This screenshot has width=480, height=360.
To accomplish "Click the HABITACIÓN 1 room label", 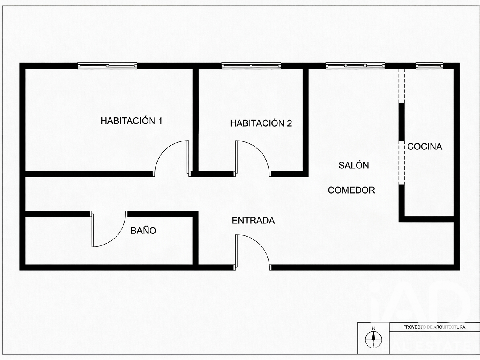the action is (x=131, y=121).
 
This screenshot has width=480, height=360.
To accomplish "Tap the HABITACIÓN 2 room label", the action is (x=261, y=123).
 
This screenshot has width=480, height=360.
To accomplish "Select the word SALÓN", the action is (x=354, y=165).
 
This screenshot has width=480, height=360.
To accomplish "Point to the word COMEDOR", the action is (x=351, y=190).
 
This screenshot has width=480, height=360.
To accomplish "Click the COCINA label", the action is (x=425, y=147).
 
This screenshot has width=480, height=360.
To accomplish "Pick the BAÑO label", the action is (x=143, y=230).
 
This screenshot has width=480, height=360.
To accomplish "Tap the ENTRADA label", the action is (x=253, y=221).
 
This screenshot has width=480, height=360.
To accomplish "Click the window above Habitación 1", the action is (x=107, y=65).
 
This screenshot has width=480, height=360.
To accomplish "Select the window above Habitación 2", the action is (x=251, y=65).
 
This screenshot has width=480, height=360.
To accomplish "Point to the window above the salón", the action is (x=355, y=65).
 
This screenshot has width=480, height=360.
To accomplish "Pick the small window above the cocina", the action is (x=429, y=65).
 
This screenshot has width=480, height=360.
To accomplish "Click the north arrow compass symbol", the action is (x=373, y=340).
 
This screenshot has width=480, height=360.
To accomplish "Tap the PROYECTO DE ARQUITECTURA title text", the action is (x=434, y=327).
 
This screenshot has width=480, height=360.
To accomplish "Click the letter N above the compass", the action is (x=373, y=328).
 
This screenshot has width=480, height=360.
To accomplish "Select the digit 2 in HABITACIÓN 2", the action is (x=289, y=123).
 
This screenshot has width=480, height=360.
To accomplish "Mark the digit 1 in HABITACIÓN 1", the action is (x=160, y=121).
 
